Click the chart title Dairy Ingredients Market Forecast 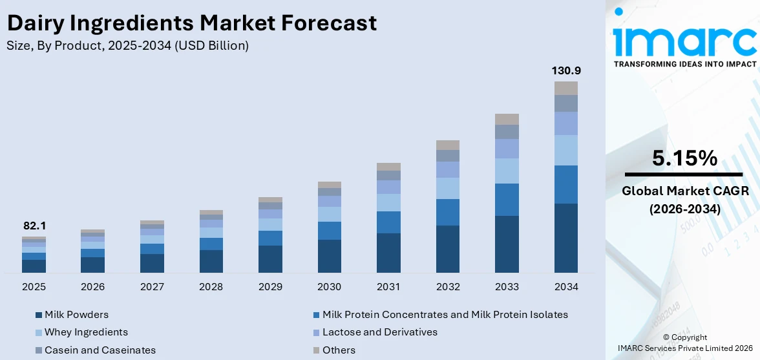point(191,23)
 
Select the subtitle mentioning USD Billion point(127,46)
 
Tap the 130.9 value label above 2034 point(565,70)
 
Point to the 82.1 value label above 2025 point(34,226)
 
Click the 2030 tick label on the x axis point(330,286)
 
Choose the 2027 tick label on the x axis point(152,286)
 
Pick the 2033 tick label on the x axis point(507,286)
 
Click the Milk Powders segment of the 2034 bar point(565,238)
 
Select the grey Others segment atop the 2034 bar point(565,89)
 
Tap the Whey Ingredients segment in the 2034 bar point(565,150)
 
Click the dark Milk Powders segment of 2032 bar point(448,249)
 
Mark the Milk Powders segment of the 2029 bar point(270,259)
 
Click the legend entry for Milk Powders point(76,315)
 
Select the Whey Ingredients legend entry point(86,332)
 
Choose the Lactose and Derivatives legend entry point(379,332)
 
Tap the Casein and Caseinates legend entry point(100,350)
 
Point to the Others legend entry point(339,350)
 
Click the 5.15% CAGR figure point(684,158)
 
